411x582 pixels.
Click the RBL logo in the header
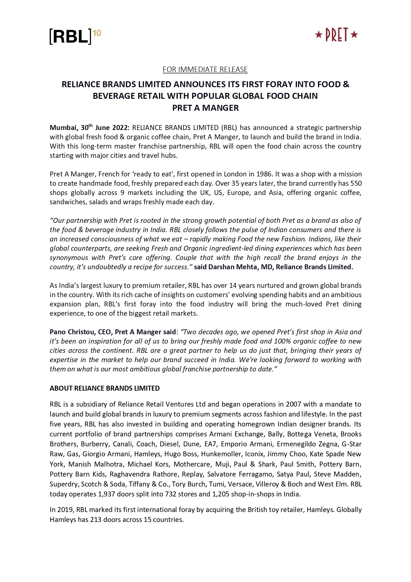[70, 36]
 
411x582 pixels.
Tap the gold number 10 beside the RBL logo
[97, 33]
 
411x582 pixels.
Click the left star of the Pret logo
[319, 34]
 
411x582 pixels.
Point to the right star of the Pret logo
[354, 34]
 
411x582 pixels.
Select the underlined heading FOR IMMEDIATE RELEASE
[205, 70]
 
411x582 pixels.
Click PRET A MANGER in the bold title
[205, 108]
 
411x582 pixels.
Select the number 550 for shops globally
[356, 183]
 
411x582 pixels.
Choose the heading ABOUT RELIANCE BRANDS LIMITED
[105, 388]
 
